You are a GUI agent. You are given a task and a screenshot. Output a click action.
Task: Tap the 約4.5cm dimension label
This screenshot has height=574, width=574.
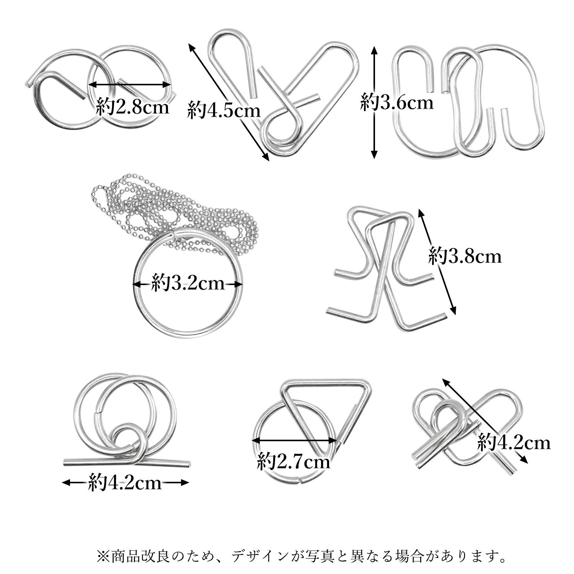point(224,111)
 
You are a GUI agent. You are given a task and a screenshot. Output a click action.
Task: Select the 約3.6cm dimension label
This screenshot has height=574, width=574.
point(397,103)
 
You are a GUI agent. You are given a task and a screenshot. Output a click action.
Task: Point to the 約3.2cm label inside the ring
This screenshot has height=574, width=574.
point(188,284)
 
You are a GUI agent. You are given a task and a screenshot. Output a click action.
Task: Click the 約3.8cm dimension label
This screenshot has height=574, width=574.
point(465,256)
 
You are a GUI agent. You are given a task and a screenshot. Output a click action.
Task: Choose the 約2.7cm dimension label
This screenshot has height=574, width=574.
point(294,461)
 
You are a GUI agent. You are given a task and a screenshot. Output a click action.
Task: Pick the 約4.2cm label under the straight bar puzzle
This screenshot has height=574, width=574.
point(125,483)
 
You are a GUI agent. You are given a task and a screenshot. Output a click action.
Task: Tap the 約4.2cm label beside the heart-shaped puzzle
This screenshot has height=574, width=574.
point(514,443)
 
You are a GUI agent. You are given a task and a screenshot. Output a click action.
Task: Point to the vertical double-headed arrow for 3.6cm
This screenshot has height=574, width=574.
point(374,103)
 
